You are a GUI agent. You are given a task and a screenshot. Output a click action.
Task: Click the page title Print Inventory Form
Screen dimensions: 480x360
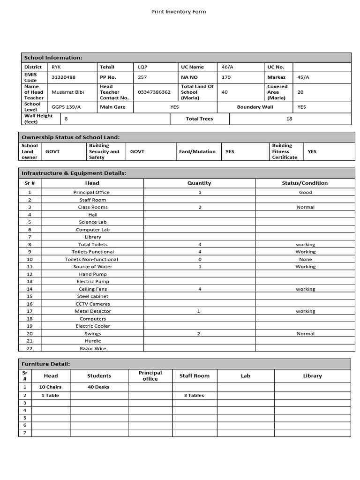(x=178, y=12)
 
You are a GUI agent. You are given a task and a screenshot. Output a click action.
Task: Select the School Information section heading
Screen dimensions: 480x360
(x=53, y=58)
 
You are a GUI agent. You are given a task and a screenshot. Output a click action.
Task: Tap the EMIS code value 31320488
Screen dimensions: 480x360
(x=63, y=77)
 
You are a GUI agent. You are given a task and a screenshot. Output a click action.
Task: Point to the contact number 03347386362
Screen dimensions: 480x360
(x=154, y=92)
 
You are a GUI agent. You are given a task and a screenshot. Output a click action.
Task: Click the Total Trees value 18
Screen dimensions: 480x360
(x=289, y=119)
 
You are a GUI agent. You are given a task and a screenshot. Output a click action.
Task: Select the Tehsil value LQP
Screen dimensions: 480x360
(x=142, y=67)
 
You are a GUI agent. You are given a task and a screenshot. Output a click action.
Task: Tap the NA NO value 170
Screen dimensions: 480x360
(x=226, y=77)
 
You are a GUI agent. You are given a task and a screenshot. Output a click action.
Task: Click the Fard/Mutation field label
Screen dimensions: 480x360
(x=197, y=151)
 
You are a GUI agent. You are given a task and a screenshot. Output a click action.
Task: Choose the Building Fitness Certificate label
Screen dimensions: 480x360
(x=285, y=151)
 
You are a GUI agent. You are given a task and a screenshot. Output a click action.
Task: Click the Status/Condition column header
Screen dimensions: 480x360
(x=305, y=183)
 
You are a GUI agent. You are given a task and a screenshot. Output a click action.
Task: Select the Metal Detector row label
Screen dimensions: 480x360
(x=93, y=311)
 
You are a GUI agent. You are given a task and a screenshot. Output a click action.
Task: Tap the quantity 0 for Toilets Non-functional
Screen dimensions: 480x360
(x=200, y=259)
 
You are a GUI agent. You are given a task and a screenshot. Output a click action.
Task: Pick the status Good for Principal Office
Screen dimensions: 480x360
(x=305, y=192)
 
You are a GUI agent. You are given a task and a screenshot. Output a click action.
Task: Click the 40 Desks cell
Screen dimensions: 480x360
(x=99, y=387)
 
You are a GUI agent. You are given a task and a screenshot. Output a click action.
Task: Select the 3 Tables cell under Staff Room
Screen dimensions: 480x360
(x=194, y=396)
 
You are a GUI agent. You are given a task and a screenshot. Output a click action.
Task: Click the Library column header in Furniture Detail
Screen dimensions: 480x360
(x=313, y=376)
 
